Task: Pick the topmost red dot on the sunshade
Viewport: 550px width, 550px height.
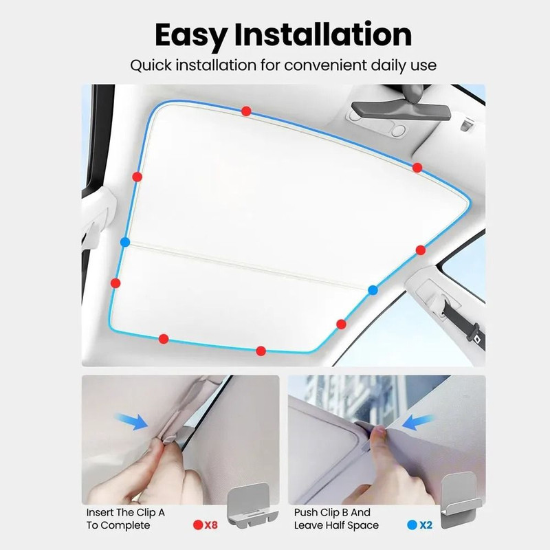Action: click(x=246, y=111)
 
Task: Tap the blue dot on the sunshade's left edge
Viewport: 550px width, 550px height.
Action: click(x=124, y=242)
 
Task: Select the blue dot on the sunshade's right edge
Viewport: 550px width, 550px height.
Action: click(x=373, y=289)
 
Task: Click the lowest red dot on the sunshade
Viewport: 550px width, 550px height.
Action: click(x=261, y=351)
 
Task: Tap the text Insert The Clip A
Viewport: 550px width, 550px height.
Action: click(x=125, y=513)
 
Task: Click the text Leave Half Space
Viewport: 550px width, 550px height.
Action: click(x=336, y=525)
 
